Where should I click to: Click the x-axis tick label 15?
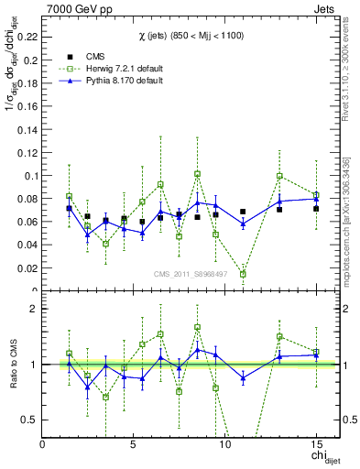316,443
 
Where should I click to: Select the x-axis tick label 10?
224,443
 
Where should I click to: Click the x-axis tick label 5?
134,443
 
